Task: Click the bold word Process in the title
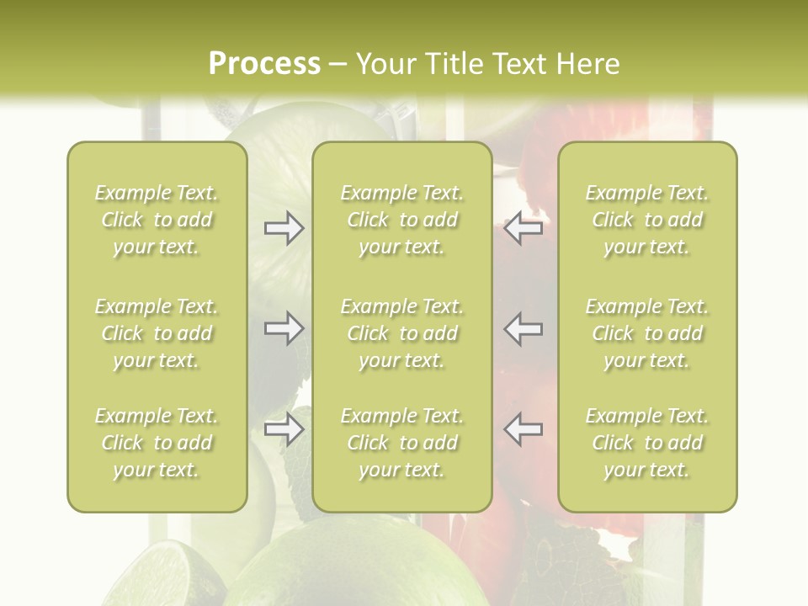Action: click(264, 64)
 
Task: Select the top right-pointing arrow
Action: click(284, 228)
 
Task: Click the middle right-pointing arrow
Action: click(284, 327)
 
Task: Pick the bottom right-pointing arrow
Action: click(284, 429)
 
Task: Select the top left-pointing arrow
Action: click(524, 228)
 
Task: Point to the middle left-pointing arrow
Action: click(524, 327)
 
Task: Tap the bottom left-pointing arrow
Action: click(524, 429)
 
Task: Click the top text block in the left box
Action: click(157, 220)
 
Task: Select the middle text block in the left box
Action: click(157, 333)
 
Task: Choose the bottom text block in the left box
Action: click(157, 443)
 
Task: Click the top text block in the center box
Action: click(402, 220)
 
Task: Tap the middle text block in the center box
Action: click(402, 333)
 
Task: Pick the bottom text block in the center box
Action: click(402, 443)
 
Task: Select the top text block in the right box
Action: click(647, 220)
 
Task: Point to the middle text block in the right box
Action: click(647, 333)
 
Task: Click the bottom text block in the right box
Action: click(647, 443)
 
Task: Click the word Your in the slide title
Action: click(384, 64)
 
